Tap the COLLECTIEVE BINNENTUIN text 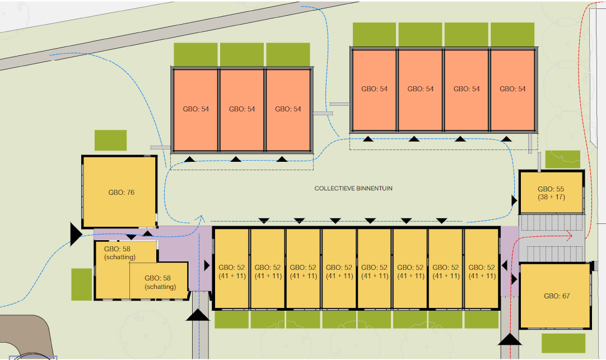[353, 189]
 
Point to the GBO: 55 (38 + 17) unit [552, 193]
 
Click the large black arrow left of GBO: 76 [75, 233]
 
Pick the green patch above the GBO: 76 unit [110, 140]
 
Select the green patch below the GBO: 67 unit [563, 343]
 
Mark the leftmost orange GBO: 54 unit [195, 109]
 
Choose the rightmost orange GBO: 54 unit [512, 89]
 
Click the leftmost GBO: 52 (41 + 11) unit [231, 271]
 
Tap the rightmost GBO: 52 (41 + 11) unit [482, 271]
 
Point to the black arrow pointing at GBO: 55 [514, 200]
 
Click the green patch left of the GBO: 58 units [81, 284]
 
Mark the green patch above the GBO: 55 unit [562, 159]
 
